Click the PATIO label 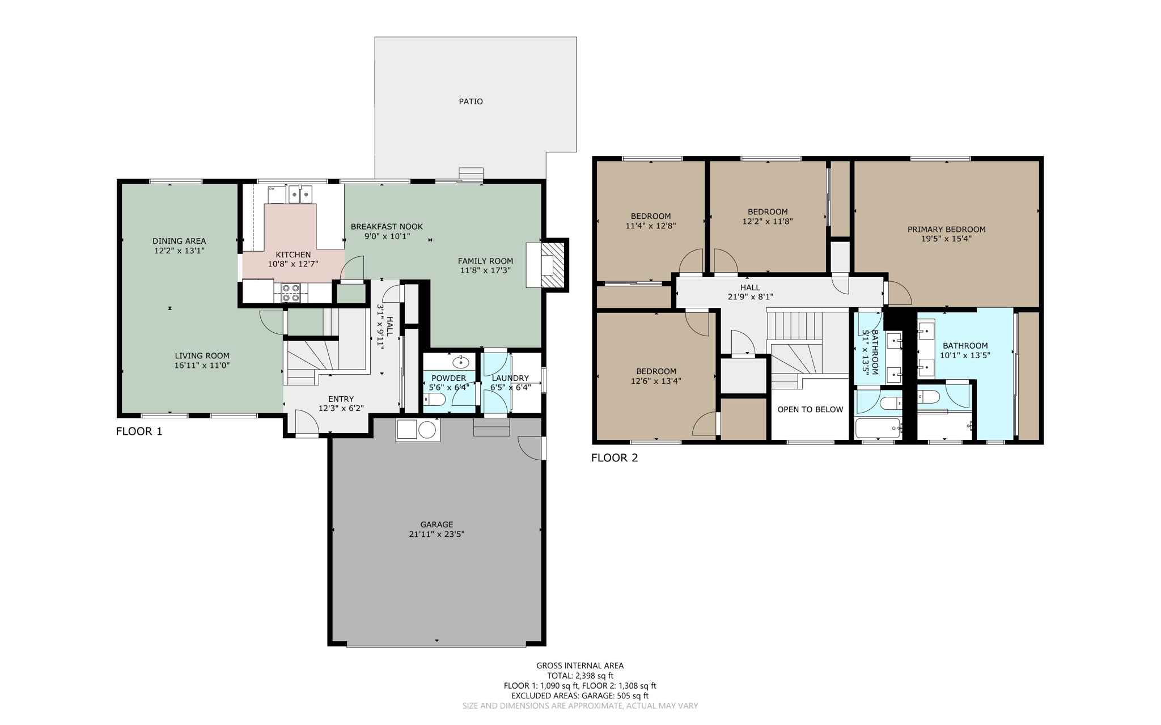tap(471, 101)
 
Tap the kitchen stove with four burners tap(291, 293)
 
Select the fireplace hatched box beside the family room tap(554, 266)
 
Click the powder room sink tap(460, 362)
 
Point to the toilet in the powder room tap(435, 400)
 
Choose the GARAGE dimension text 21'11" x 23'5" tap(437, 534)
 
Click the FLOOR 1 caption tap(139, 431)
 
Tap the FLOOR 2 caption tap(615, 458)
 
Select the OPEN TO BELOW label tap(810, 409)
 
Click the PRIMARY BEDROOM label tap(946, 230)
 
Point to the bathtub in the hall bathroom tap(878, 428)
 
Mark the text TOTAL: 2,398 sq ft tap(580, 676)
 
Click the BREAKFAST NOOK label tap(387, 227)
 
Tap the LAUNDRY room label tap(510, 378)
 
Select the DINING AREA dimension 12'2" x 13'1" tap(179, 251)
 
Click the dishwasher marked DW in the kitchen tap(276, 194)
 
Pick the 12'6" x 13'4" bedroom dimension tap(656, 381)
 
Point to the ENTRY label tap(341, 399)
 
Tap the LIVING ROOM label tap(202, 356)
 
